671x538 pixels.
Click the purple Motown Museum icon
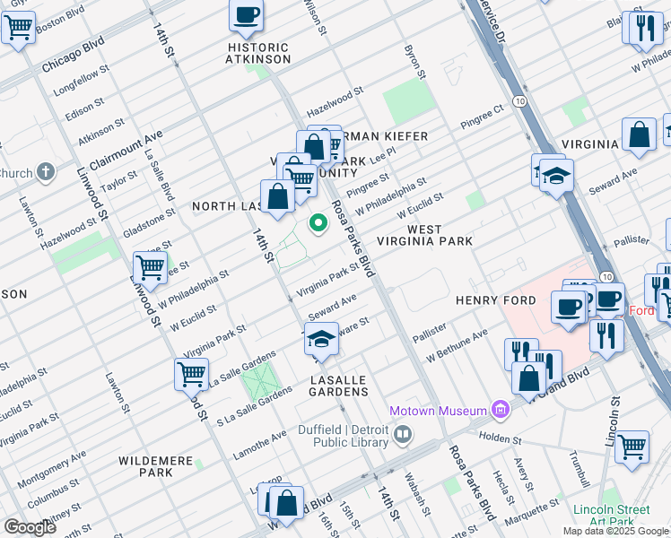tap(501, 411)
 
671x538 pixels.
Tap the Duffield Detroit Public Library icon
tap(403, 436)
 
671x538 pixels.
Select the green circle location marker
tap(317, 223)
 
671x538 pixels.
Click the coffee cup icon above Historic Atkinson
tap(247, 14)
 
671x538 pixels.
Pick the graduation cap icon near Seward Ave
tap(321, 339)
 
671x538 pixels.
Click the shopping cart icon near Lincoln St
tap(632, 445)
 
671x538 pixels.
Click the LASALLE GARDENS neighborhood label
tap(338, 386)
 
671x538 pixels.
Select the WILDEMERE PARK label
tap(156, 466)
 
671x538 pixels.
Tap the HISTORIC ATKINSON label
tap(258, 53)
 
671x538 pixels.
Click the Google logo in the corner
tap(30, 527)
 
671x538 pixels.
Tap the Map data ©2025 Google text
tap(614, 531)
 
